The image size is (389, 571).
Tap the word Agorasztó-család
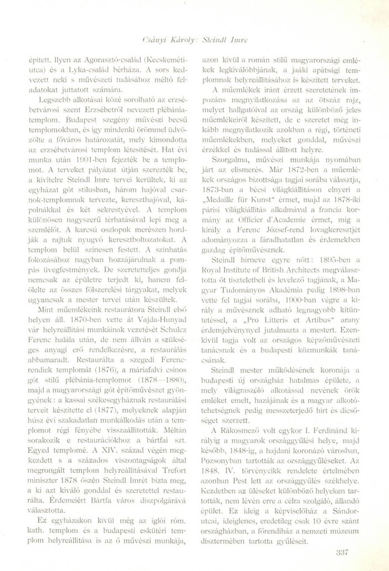coord(109,58)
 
